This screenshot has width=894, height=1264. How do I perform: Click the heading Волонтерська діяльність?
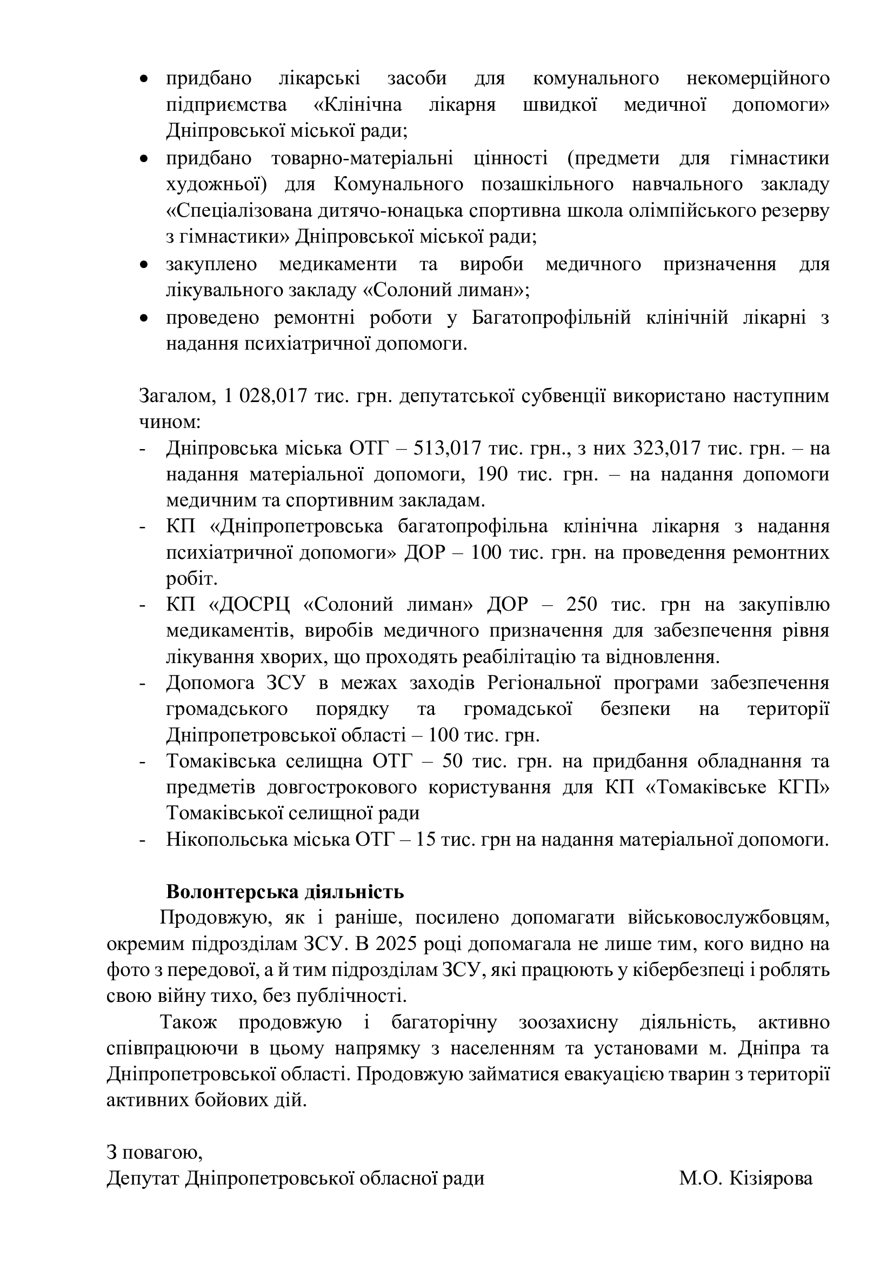[x=285, y=891]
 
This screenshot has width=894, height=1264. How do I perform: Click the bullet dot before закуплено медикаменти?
[x=144, y=265]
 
